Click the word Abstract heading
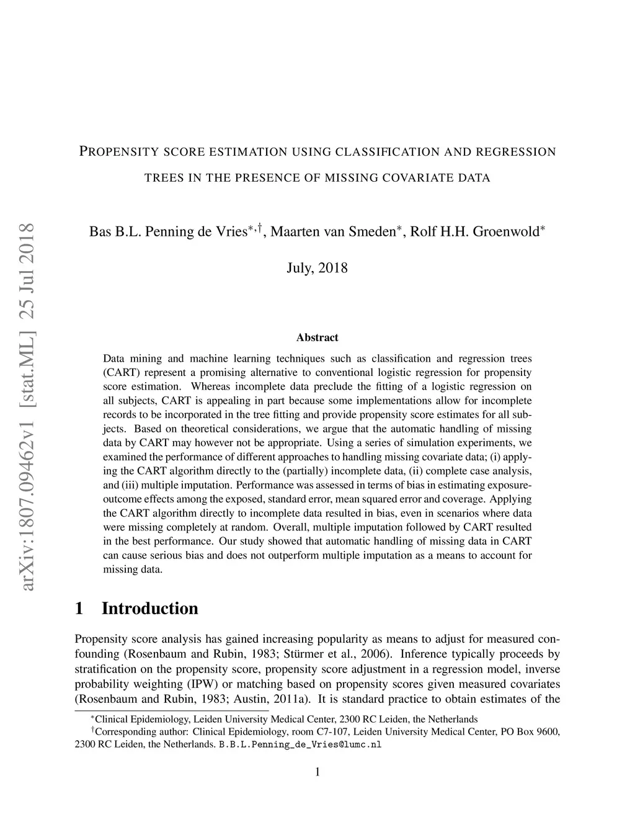click(x=317, y=337)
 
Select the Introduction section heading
click(x=150, y=609)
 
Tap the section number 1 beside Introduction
click(x=79, y=609)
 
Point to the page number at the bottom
click(x=317, y=772)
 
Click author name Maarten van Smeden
click(x=333, y=232)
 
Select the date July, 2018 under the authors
click(x=317, y=268)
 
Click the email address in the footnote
click(x=300, y=744)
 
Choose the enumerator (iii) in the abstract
click(x=128, y=485)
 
